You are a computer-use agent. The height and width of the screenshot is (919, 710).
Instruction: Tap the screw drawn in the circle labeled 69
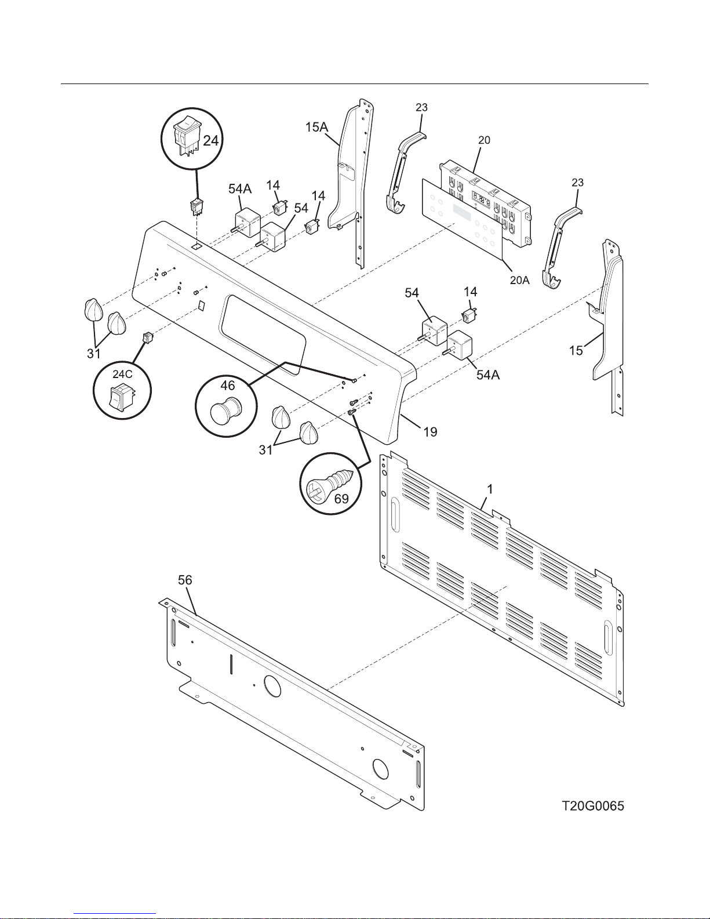pyautogui.click(x=329, y=484)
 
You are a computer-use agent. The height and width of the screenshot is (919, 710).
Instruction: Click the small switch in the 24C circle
pyautogui.click(x=121, y=396)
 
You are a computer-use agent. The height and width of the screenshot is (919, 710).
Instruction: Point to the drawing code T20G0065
pyautogui.click(x=593, y=806)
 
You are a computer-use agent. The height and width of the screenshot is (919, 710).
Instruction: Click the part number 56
pyautogui.click(x=185, y=580)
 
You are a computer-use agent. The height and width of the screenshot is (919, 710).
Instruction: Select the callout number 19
pyautogui.click(x=430, y=432)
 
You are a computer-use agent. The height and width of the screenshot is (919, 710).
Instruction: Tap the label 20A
pyautogui.click(x=519, y=280)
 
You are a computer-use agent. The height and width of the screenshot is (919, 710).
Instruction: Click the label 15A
pyautogui.click(x=316, y=127)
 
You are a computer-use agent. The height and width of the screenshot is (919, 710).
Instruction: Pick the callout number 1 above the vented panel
pyautogui.click(x=490, y=489)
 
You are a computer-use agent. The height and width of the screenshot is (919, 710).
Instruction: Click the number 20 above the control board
pyautogui.click(x=484, y=140)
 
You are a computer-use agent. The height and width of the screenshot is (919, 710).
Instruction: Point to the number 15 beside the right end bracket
pyautogui.click(x=576, y=350)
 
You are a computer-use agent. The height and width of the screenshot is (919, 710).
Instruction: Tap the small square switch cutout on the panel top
pyautogui.click(x=196, y=245)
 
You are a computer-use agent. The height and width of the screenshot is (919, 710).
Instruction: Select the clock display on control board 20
pyautogui.click(x=480, y=198)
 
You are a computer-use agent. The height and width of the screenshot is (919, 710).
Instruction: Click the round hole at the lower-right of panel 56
pyautogui.click(x=380, y=769)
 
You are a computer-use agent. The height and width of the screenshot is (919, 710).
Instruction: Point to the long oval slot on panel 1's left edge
pyautogui.click(x=395, y=514)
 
